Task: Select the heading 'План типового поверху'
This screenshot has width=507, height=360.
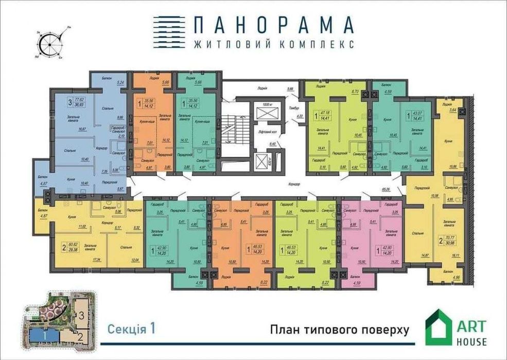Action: pos(339,330)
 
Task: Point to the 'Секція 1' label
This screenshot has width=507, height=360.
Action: pos(131,328)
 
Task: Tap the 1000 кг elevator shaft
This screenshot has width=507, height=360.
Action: pos(266,113)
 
